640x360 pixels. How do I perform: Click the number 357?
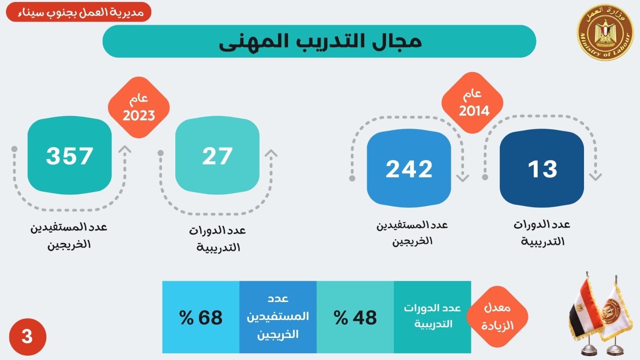(70, 156)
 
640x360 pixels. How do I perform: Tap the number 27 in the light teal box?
(217, 156)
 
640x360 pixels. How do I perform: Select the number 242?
(409, 169)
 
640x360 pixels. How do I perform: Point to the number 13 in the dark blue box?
(542, 169)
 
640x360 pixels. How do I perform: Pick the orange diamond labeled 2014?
(472, 103)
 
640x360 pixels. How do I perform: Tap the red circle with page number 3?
(27, 337)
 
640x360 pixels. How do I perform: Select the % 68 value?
(201, 318)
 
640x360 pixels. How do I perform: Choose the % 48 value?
(355, 318)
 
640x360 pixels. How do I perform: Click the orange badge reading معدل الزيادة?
(497, 317)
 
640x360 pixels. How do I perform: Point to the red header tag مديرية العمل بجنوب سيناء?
(79, 12)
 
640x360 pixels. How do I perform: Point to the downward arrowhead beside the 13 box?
(595, 176)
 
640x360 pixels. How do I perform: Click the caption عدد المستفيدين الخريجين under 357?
(69, 236)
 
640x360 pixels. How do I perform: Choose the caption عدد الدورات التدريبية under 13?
(542, 233)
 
